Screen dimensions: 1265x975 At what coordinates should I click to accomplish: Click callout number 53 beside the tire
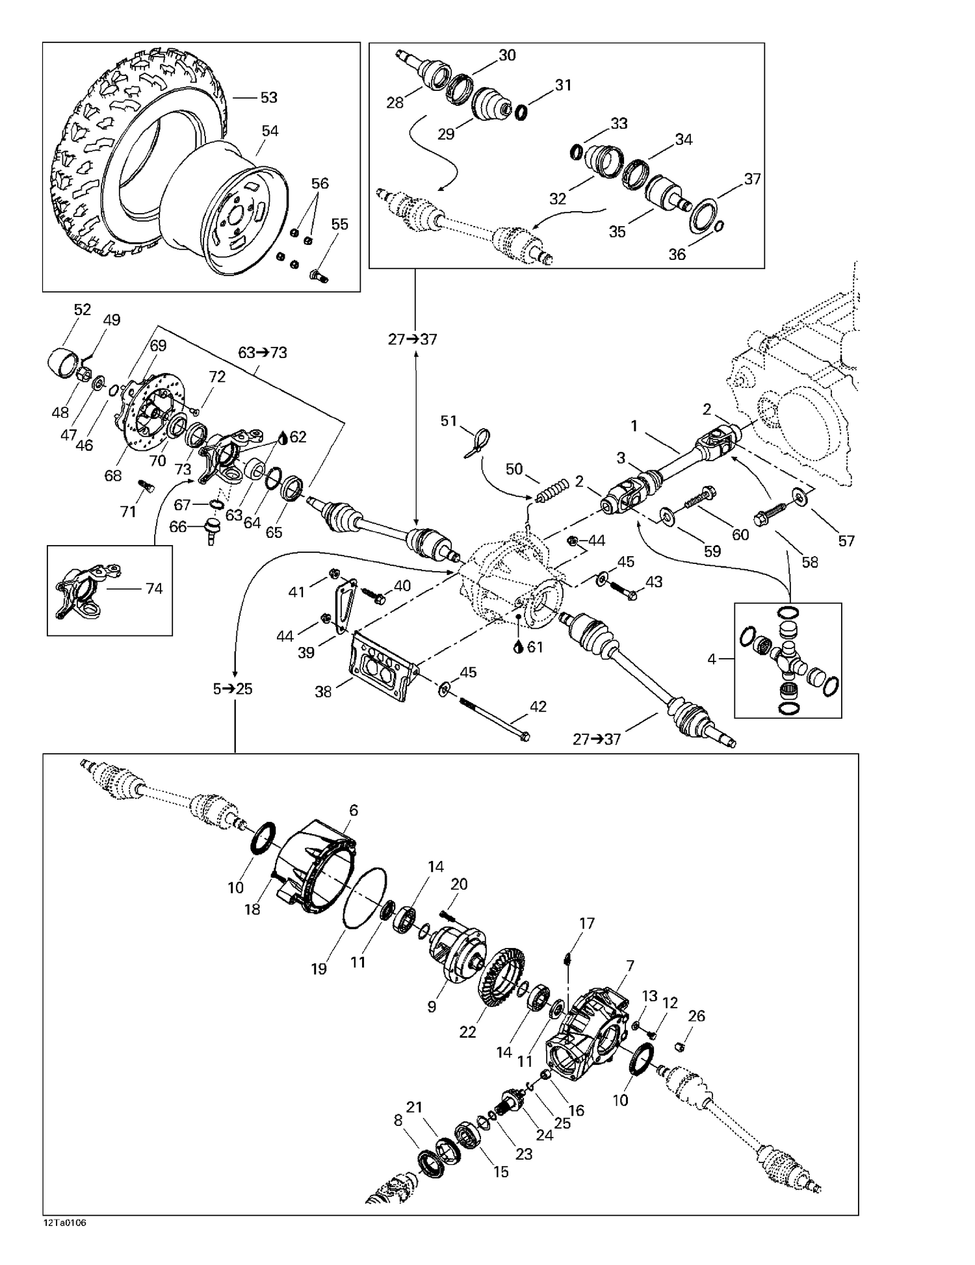268,97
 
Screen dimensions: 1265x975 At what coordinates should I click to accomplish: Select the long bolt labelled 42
494,719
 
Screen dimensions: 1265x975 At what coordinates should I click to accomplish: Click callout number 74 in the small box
154,589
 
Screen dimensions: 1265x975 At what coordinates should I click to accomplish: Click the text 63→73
263,353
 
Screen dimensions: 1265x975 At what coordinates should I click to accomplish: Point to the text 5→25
233,689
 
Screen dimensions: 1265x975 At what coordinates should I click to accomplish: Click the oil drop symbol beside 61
517,647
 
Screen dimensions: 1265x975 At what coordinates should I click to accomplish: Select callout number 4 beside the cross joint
712,659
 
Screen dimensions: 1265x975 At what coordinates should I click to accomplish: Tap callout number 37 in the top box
752,179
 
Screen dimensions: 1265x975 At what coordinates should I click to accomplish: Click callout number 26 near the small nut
696,1016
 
